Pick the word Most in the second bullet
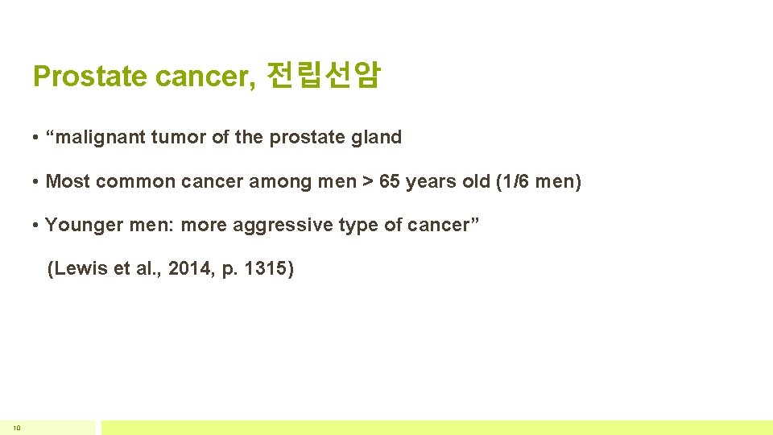click(x=68, y=181)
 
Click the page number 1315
click(x=264, y=268)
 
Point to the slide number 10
click(x=16, y=428)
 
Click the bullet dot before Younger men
click(x=36, y=225)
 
